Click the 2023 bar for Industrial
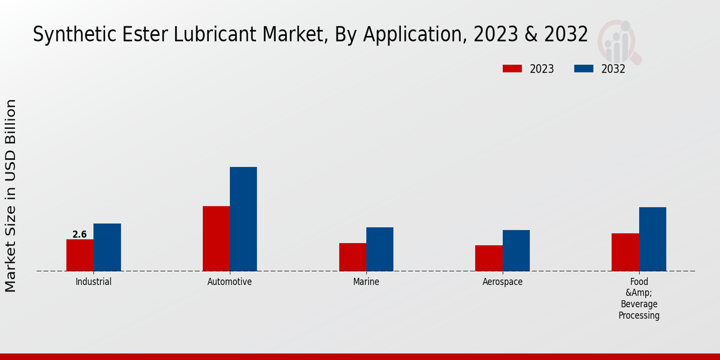pos(80,255)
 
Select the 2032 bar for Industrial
pos(107,247)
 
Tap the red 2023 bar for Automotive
pos(216,238)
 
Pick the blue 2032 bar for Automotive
pos(243,219)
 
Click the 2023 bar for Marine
pos(352,257)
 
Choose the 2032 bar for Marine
pos(380,249)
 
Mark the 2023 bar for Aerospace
pos(488,258)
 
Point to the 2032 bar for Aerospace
pos(516,250)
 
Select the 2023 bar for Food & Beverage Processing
pos(625,252)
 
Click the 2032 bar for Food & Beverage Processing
pos(652,239)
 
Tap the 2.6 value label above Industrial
pos(80,235)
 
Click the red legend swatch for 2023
pos(512,69)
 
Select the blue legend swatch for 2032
pos(583,69)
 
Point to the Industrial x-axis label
pos(94,281)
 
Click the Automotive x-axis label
pos(230,281)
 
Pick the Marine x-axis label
pos(366,281)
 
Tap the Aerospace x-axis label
pos(503,281)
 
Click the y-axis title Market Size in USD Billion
pos(11,196)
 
